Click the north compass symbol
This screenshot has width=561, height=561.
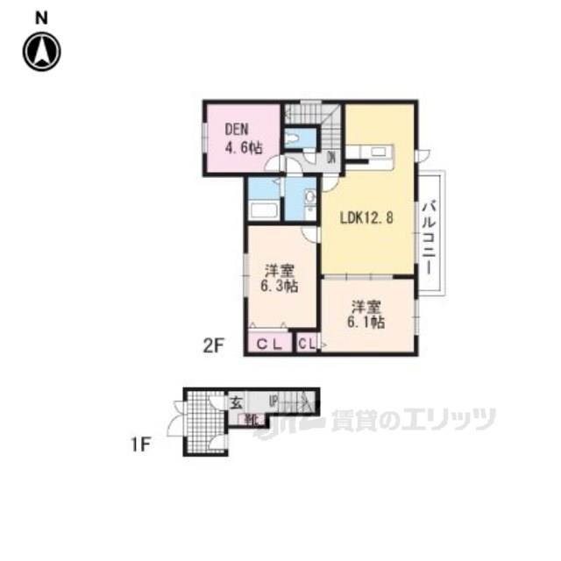(x=41, y=52)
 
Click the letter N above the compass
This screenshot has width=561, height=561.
(x=41, y=17)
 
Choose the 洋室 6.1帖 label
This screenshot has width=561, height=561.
(x=367, y=315)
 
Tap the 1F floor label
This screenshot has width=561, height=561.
(x=143, y=444)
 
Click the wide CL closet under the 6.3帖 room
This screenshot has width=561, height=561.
(x=269, y=343)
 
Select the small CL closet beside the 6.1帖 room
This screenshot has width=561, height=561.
(x=306, y=343)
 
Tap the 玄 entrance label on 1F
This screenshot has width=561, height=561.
(x=236, y=402)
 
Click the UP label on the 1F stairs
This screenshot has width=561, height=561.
(x=274, y=402)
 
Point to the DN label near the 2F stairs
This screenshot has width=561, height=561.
(x=331, y=158)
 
